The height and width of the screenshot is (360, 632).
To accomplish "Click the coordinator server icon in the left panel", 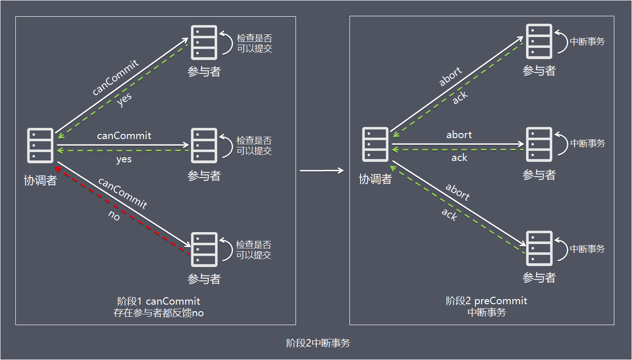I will pyautogui.click(x=40, y=146).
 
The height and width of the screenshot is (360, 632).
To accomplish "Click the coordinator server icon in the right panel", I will pyautogui.click(x=375, y=144).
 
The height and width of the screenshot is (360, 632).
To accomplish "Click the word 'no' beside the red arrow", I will pyautogui.click(x=114, y=217).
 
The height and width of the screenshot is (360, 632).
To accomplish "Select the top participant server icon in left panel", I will pyautogui.click(x=204, y=42).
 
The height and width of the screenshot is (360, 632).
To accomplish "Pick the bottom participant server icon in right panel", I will pyautogui.click(x=539, y=248).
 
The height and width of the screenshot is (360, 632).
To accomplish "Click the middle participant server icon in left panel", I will pyautogui.click(x=204, y=146).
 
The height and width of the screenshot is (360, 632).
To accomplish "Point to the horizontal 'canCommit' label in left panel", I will pyautogui.click(x=124, y=136).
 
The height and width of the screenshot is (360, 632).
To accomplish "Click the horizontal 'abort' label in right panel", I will pyautogui.click(x=459, y=135).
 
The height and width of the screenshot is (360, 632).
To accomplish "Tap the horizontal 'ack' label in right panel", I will pyautogui.click(x=459, y=158).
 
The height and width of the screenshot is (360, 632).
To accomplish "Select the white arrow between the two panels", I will pyautogui.click(x=322, y=171).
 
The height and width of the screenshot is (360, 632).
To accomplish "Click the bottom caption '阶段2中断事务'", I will pyautogui.click(x=318, y=344).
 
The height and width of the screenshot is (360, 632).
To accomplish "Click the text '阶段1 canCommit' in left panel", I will pyautogui.click(x=159, y=301).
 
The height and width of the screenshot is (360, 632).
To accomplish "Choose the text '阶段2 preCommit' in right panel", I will pyautogui.click(x=486, y=301).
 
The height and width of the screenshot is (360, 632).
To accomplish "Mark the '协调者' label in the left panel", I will pyautogui.click(x=40, y=180).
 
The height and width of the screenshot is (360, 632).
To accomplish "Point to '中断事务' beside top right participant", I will pyautogui.click(x=587, y=41).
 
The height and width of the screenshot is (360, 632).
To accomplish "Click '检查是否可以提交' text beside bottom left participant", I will pyautogui.click(x=254, y=250).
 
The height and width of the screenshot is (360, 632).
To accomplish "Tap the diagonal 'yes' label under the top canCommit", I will pyautogui.click(x=124, y=100).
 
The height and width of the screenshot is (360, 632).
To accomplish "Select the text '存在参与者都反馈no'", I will pyautogui.click(x=159, y=313).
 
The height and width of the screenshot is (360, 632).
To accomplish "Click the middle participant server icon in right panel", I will pyautogui.click(x=539, y=144).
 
